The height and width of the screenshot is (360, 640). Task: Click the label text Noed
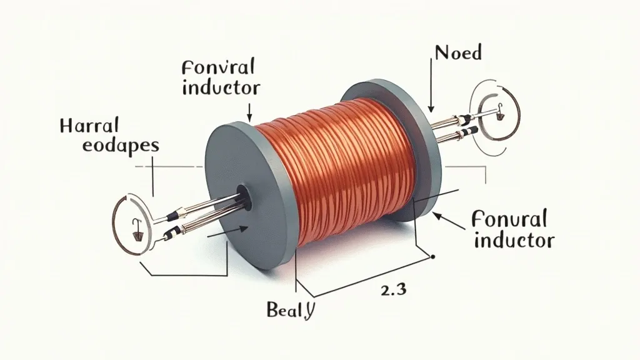459,52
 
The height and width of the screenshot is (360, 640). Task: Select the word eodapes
109,146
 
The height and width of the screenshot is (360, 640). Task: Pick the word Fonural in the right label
509,219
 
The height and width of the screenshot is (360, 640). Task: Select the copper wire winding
337,169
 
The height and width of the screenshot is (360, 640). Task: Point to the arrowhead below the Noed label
431,110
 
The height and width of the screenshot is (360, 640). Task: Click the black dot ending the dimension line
432,256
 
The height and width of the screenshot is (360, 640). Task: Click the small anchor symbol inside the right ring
499,115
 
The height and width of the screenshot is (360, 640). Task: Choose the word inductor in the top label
220,87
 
